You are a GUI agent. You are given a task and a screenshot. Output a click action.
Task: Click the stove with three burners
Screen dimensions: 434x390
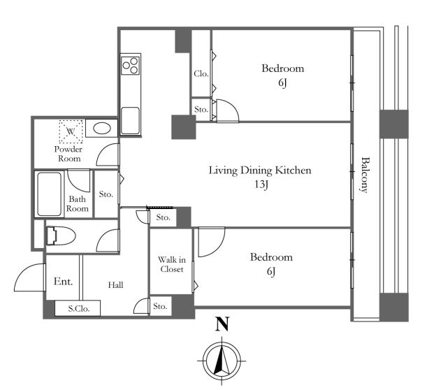coord(131,65)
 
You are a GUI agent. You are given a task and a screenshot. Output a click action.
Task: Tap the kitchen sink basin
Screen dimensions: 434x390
coord(130,120)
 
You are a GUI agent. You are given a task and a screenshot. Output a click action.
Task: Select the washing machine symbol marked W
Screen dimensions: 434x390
coord(71,131)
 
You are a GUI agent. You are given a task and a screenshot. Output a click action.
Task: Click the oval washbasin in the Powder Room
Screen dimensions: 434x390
coord(102,129)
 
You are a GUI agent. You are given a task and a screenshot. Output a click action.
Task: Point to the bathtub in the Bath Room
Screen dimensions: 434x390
coord(49,194)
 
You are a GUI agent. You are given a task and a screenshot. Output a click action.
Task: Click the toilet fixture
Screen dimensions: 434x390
coord(61,236)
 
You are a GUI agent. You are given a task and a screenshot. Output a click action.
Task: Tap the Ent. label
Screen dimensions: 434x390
coord(63,282)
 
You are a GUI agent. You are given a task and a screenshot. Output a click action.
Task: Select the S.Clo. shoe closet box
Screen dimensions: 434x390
coord(78,308)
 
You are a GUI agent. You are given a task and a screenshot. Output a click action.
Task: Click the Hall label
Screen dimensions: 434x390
coord(116,285)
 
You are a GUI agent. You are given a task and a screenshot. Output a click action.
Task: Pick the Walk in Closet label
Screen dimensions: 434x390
coord(172,264)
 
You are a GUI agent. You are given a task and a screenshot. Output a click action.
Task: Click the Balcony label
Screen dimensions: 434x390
coord(366,175)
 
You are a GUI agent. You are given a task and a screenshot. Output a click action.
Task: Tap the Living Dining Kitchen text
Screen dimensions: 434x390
coord(260,171)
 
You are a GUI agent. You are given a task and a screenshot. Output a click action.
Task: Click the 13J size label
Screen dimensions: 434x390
coord(261,185)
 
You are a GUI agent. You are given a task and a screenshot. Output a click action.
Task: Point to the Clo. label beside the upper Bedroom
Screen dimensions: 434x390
coord(201,73)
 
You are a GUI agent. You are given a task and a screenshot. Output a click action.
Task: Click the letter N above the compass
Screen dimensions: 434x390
coord(222,324)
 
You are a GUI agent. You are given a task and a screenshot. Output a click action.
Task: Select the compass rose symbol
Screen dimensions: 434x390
coord(222,361)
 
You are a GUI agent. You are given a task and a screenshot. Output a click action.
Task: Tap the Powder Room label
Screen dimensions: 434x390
coord(68,154)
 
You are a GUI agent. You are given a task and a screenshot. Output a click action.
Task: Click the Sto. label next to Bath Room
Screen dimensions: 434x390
coord(106,194)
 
